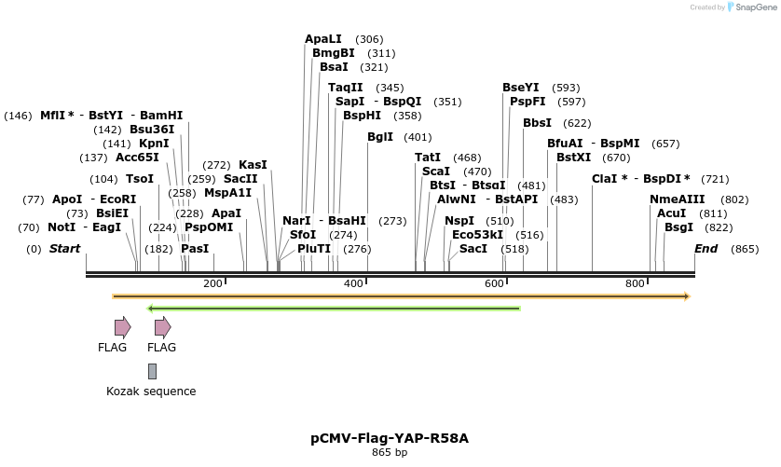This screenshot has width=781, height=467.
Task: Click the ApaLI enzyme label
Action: (x=322, y=39)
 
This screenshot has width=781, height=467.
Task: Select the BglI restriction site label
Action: (x=380, y=137)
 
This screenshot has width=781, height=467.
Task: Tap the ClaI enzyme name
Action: (x=608, y=179)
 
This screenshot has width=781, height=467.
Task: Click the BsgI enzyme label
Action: (x=678, y=227)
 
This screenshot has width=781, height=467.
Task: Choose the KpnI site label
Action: (x=154, y=144)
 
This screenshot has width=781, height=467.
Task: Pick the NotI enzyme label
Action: (x=62, y=227)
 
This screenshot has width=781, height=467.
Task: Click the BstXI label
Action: (x=573, y=158)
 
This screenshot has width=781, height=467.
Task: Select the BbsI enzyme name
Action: (x=537, y=123)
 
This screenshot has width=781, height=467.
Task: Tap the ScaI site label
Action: (x=436, y=172)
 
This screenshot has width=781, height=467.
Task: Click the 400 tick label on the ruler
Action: (x=354, y=283)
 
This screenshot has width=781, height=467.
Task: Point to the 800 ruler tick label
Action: (x=636, y=283)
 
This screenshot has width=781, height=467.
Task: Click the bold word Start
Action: (x=64, y=249)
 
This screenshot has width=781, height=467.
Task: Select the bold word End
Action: (x=706, y=249)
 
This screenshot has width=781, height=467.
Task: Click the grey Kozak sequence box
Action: (x=152, y=371)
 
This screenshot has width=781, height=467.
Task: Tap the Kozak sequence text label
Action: (x=151, y=391)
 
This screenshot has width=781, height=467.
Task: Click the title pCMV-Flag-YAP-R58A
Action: (x=390, y=437)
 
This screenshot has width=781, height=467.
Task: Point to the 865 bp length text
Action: (x=390, y=453)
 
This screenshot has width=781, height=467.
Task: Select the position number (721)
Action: (x=715, y=179)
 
